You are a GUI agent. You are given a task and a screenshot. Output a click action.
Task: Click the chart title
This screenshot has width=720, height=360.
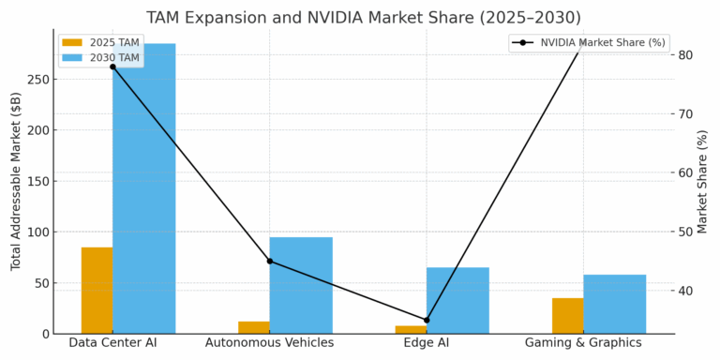click(x=363, y=18)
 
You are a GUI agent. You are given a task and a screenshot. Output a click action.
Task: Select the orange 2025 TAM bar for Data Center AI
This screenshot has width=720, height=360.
click(x=97, y=291)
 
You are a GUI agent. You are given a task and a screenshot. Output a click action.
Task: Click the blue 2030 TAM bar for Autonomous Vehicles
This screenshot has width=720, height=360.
click(x=301, y=285)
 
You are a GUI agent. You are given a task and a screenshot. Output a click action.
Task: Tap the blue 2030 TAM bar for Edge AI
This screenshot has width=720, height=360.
click(x=457, y=300)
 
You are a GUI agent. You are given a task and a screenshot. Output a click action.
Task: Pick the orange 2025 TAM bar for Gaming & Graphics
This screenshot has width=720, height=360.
click(x=567, y=316)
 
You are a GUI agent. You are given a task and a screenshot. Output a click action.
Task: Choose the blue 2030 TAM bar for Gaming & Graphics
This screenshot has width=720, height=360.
click(x=614, y=304)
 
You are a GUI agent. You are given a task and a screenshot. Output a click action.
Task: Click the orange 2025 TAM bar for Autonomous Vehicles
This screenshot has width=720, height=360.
click(x=253, y=327)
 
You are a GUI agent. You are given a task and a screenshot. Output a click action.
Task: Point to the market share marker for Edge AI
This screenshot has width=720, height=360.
click(x=427, y=321)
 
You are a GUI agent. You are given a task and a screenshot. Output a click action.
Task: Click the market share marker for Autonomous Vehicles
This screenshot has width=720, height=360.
click(x=270, y=261)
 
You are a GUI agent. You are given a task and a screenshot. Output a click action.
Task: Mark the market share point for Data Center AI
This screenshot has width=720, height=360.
click(x=112, y=67)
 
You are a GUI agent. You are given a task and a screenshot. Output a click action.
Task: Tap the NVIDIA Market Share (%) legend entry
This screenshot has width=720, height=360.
click(x=589, y=43)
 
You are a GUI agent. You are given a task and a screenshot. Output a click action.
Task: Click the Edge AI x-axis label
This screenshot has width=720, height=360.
click(x=427, y=343)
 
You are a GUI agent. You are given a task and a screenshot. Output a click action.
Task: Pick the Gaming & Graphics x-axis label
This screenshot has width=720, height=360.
click(x=583, y=343)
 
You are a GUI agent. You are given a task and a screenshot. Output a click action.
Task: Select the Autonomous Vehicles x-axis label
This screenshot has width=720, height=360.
click(x=270, y=343)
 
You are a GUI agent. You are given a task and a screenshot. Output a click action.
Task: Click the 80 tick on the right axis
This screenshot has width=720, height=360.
click(x=686, y=55)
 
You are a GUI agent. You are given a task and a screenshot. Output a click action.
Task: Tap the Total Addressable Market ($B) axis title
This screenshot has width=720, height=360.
click(x=16, y=181)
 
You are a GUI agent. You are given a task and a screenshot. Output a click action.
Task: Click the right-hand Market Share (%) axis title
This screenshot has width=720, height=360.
click(x=703, y=181)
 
